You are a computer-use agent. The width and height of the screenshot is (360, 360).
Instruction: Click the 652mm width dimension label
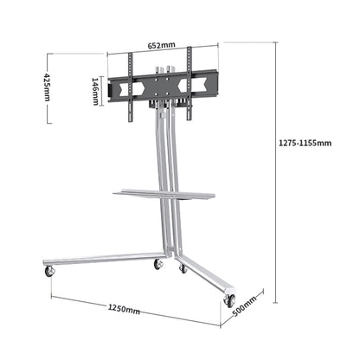pos(161,46)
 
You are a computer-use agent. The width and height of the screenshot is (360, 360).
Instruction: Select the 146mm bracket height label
pos(95,88)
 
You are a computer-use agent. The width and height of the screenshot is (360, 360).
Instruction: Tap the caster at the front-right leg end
pos(229,299)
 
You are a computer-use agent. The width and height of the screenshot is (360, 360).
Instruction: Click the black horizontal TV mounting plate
pos(160,87)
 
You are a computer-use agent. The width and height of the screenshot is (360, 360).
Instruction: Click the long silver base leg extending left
pos(104,259)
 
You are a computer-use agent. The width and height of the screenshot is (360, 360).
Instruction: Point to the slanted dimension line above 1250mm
pos(130,300)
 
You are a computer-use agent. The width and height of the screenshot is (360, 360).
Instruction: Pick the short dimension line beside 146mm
pos(103,88)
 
